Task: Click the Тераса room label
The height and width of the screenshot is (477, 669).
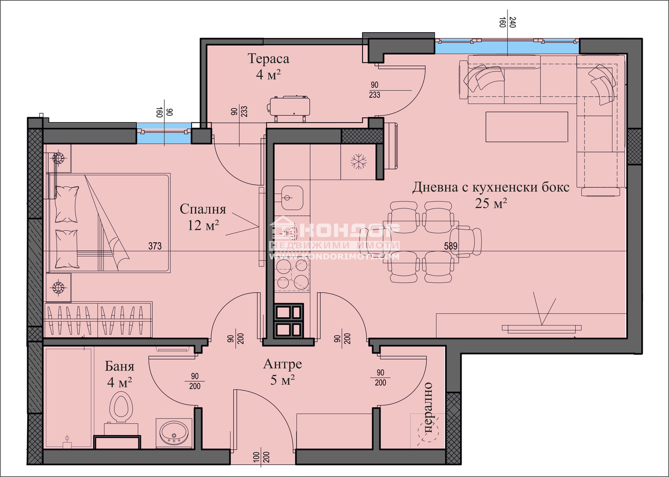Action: [x=268, y=59]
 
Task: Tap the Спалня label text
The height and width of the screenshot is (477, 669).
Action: [x=203, y=209]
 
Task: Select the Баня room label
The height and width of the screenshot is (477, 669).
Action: [x=120, y=367]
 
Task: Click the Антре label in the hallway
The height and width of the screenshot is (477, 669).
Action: [x=283, y=364]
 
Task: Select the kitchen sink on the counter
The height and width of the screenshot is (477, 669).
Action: [x=291, y=197]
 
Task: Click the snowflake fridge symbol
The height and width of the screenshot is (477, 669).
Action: [x=358, y=161]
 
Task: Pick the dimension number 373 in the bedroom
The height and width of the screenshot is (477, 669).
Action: [x=155, y=246]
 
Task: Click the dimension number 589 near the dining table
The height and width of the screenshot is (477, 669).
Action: [x=451, y=246]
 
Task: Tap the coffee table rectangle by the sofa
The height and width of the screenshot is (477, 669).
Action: [x=526, y=127]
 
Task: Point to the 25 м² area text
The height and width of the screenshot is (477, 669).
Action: [x=491, y=204]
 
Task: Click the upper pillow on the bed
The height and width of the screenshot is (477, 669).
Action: [x=67, y=204]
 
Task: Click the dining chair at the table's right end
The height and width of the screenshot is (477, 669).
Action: [x=469, y=240]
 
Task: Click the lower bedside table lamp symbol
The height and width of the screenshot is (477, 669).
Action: [x=58, y=287]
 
